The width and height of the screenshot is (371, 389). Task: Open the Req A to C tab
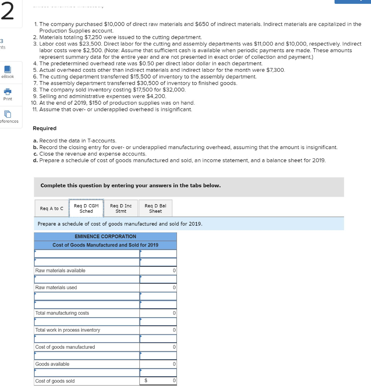pos(51,209)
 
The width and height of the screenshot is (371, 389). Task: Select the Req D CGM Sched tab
pos(86,209)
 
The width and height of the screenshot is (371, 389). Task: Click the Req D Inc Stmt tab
pos(121,209)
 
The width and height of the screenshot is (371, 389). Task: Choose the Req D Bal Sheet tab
pos(155,209)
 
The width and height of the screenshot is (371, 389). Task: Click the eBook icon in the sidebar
pos(8,71)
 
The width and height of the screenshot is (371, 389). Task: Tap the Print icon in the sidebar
pos(8,93)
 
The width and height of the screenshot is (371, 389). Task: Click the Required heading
pos(44,128)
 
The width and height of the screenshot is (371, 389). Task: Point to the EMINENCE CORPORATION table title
pos(105,236)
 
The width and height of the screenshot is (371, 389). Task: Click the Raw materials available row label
pos(60,270)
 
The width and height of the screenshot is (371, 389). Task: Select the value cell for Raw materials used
pos(158,288)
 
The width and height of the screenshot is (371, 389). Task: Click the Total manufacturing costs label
pos(62,313)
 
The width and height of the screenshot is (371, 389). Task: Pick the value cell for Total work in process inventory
pos(158,330)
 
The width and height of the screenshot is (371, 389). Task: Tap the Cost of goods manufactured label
pos(65,347)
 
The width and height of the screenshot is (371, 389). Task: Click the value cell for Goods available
pos(158,364)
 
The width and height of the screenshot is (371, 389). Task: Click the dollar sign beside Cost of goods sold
pos(145,381)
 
